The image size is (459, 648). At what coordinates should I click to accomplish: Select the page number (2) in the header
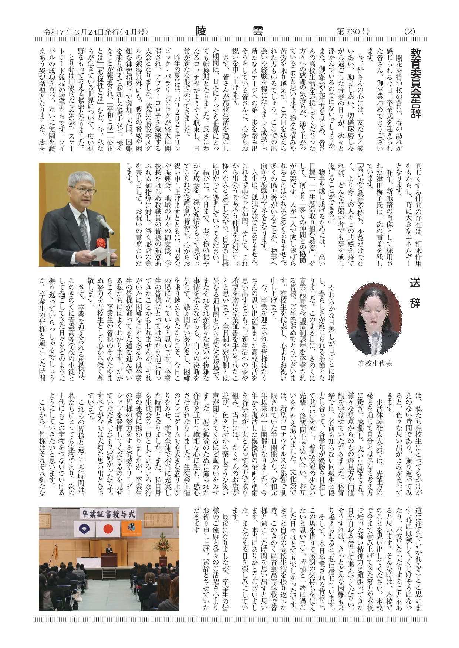[x=409, y=32]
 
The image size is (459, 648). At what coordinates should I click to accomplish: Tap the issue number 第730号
[x=352, y=32]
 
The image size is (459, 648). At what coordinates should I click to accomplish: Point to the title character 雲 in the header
[x=257, y=31]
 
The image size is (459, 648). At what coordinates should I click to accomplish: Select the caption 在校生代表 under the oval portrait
[x=375, y=364]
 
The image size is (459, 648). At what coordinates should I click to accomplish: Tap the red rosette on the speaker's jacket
[x=101, y=242]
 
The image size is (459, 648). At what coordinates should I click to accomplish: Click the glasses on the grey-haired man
[x=83, y=190]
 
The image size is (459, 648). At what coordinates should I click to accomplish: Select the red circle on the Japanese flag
[x=108, y=529]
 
